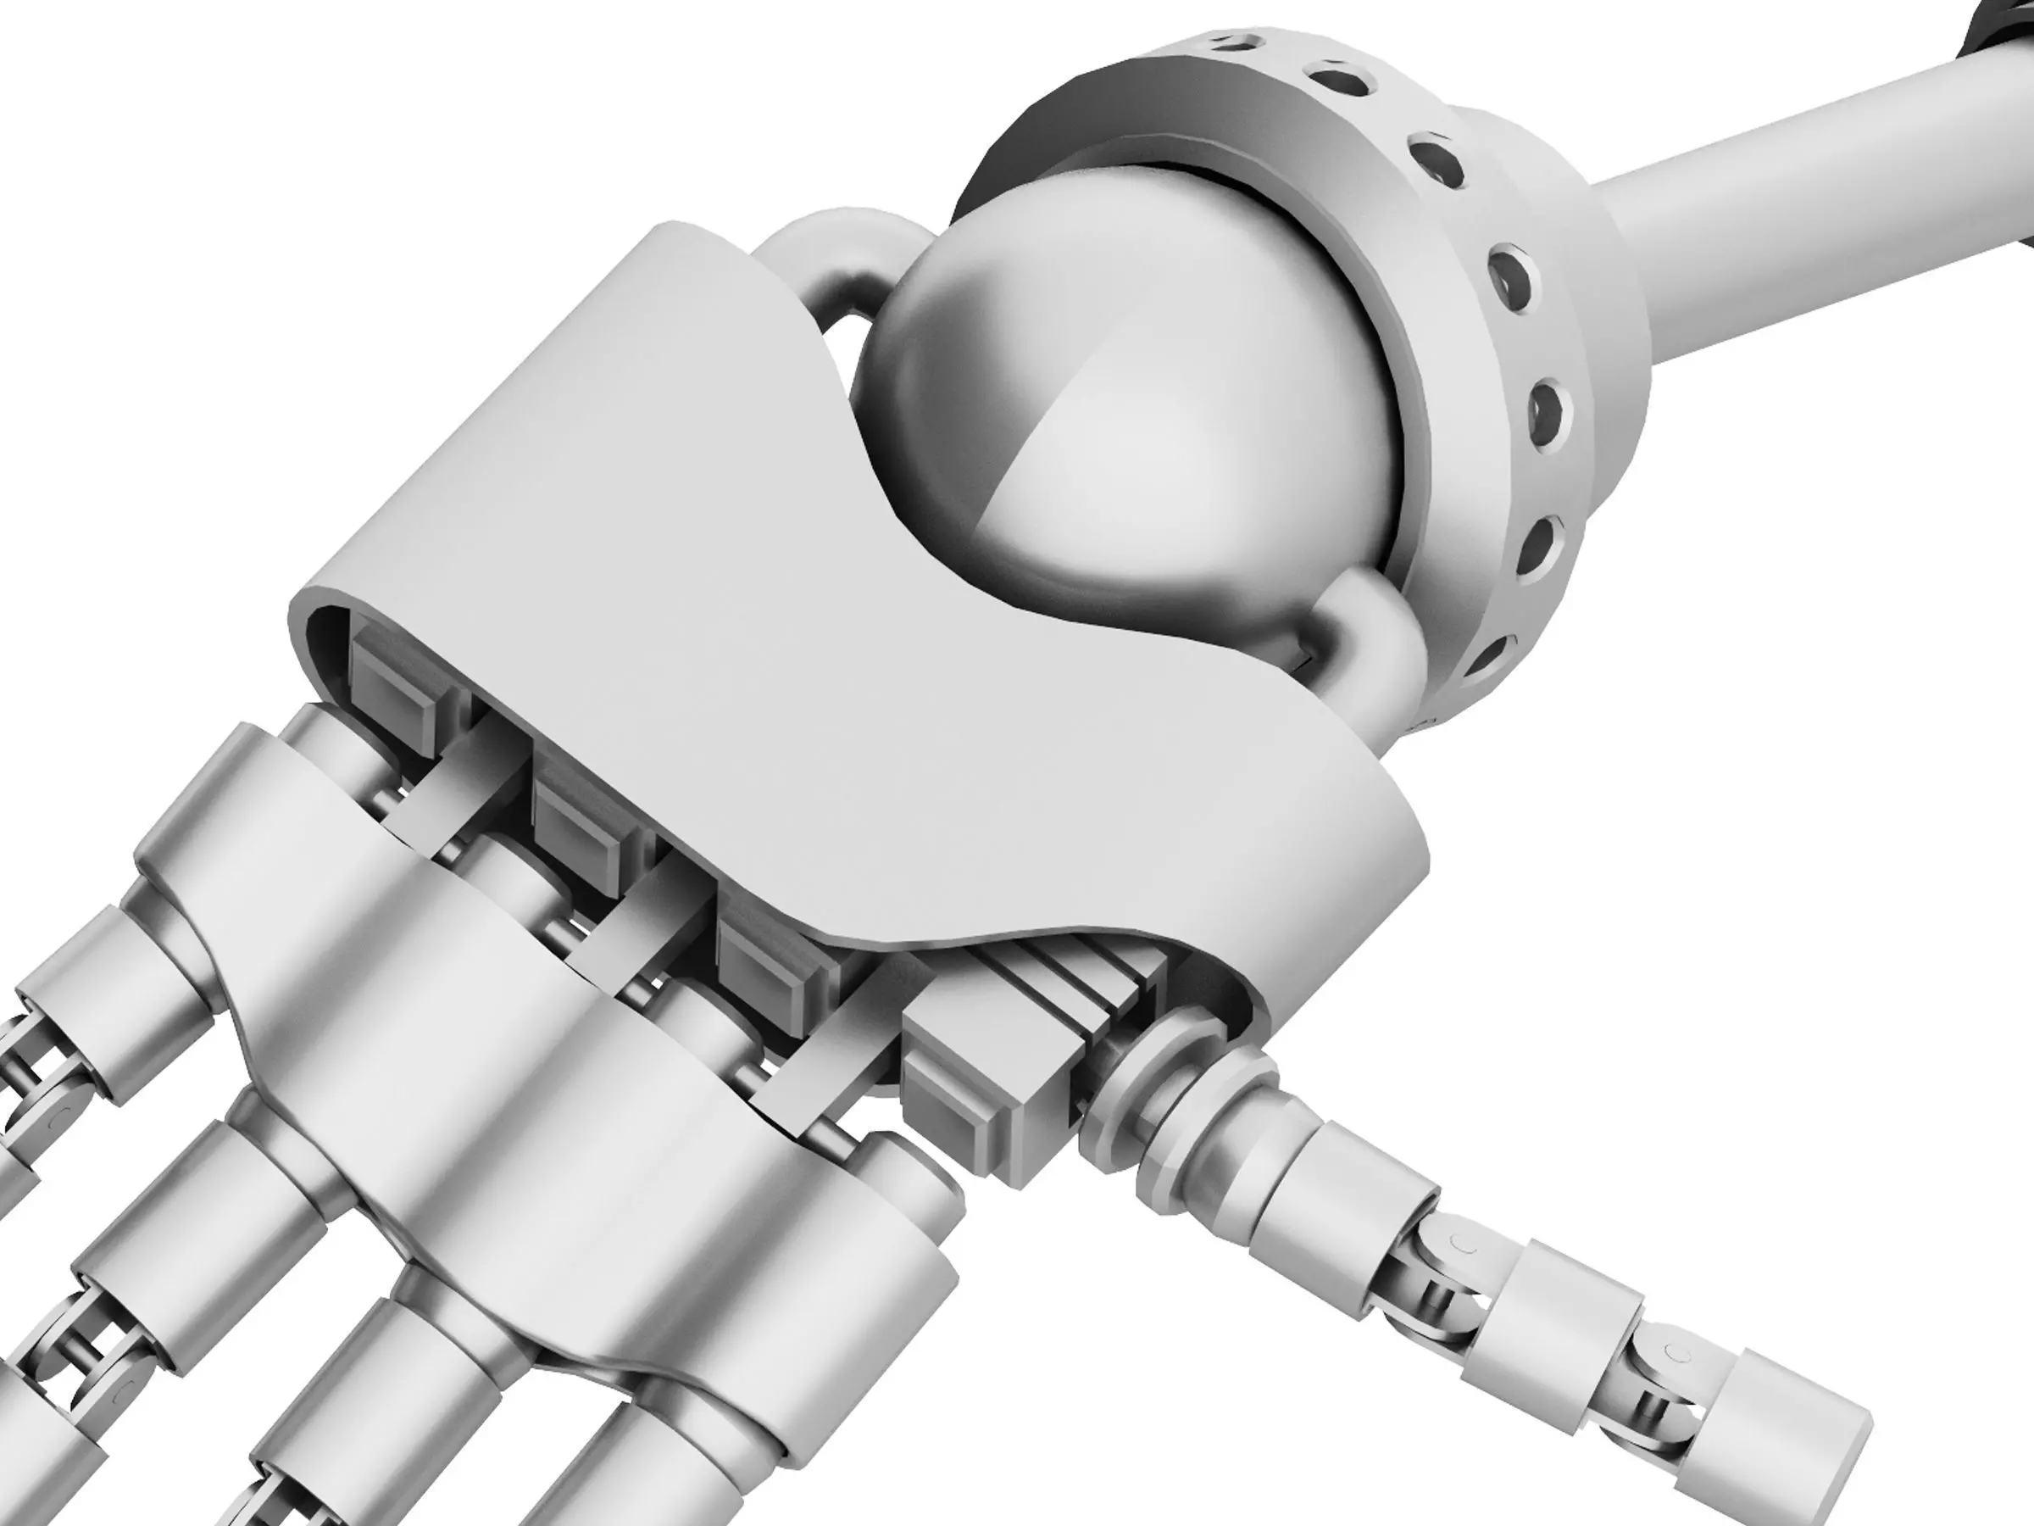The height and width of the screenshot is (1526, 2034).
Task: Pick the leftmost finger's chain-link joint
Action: pyautogui.click(x=36, y=1085)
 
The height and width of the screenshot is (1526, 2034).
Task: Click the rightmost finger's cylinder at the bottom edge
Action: pyautogui.click(x=635, y=1462)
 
